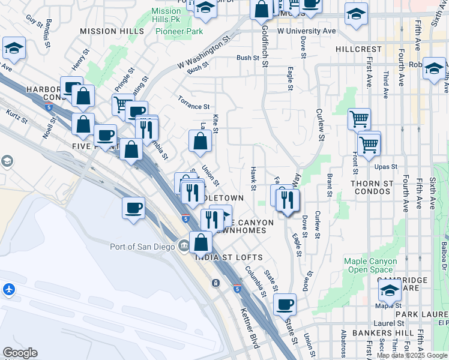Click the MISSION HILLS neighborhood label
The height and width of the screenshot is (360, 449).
(x=112, y=31)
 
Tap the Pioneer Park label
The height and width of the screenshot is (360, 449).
(x=178, y=31)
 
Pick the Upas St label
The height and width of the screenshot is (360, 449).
(x=386, y=166)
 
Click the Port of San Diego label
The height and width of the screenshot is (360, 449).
(x=142, y=247)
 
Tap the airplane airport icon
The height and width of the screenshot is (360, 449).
(x=9, y=290)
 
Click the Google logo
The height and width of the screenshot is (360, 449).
(x=20, y=353)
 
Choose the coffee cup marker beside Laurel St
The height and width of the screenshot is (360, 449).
(x=285, y=304)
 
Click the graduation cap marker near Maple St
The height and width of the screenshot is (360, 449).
(x=390, y=292)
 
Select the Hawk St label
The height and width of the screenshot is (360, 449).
(x=254, y=179)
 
